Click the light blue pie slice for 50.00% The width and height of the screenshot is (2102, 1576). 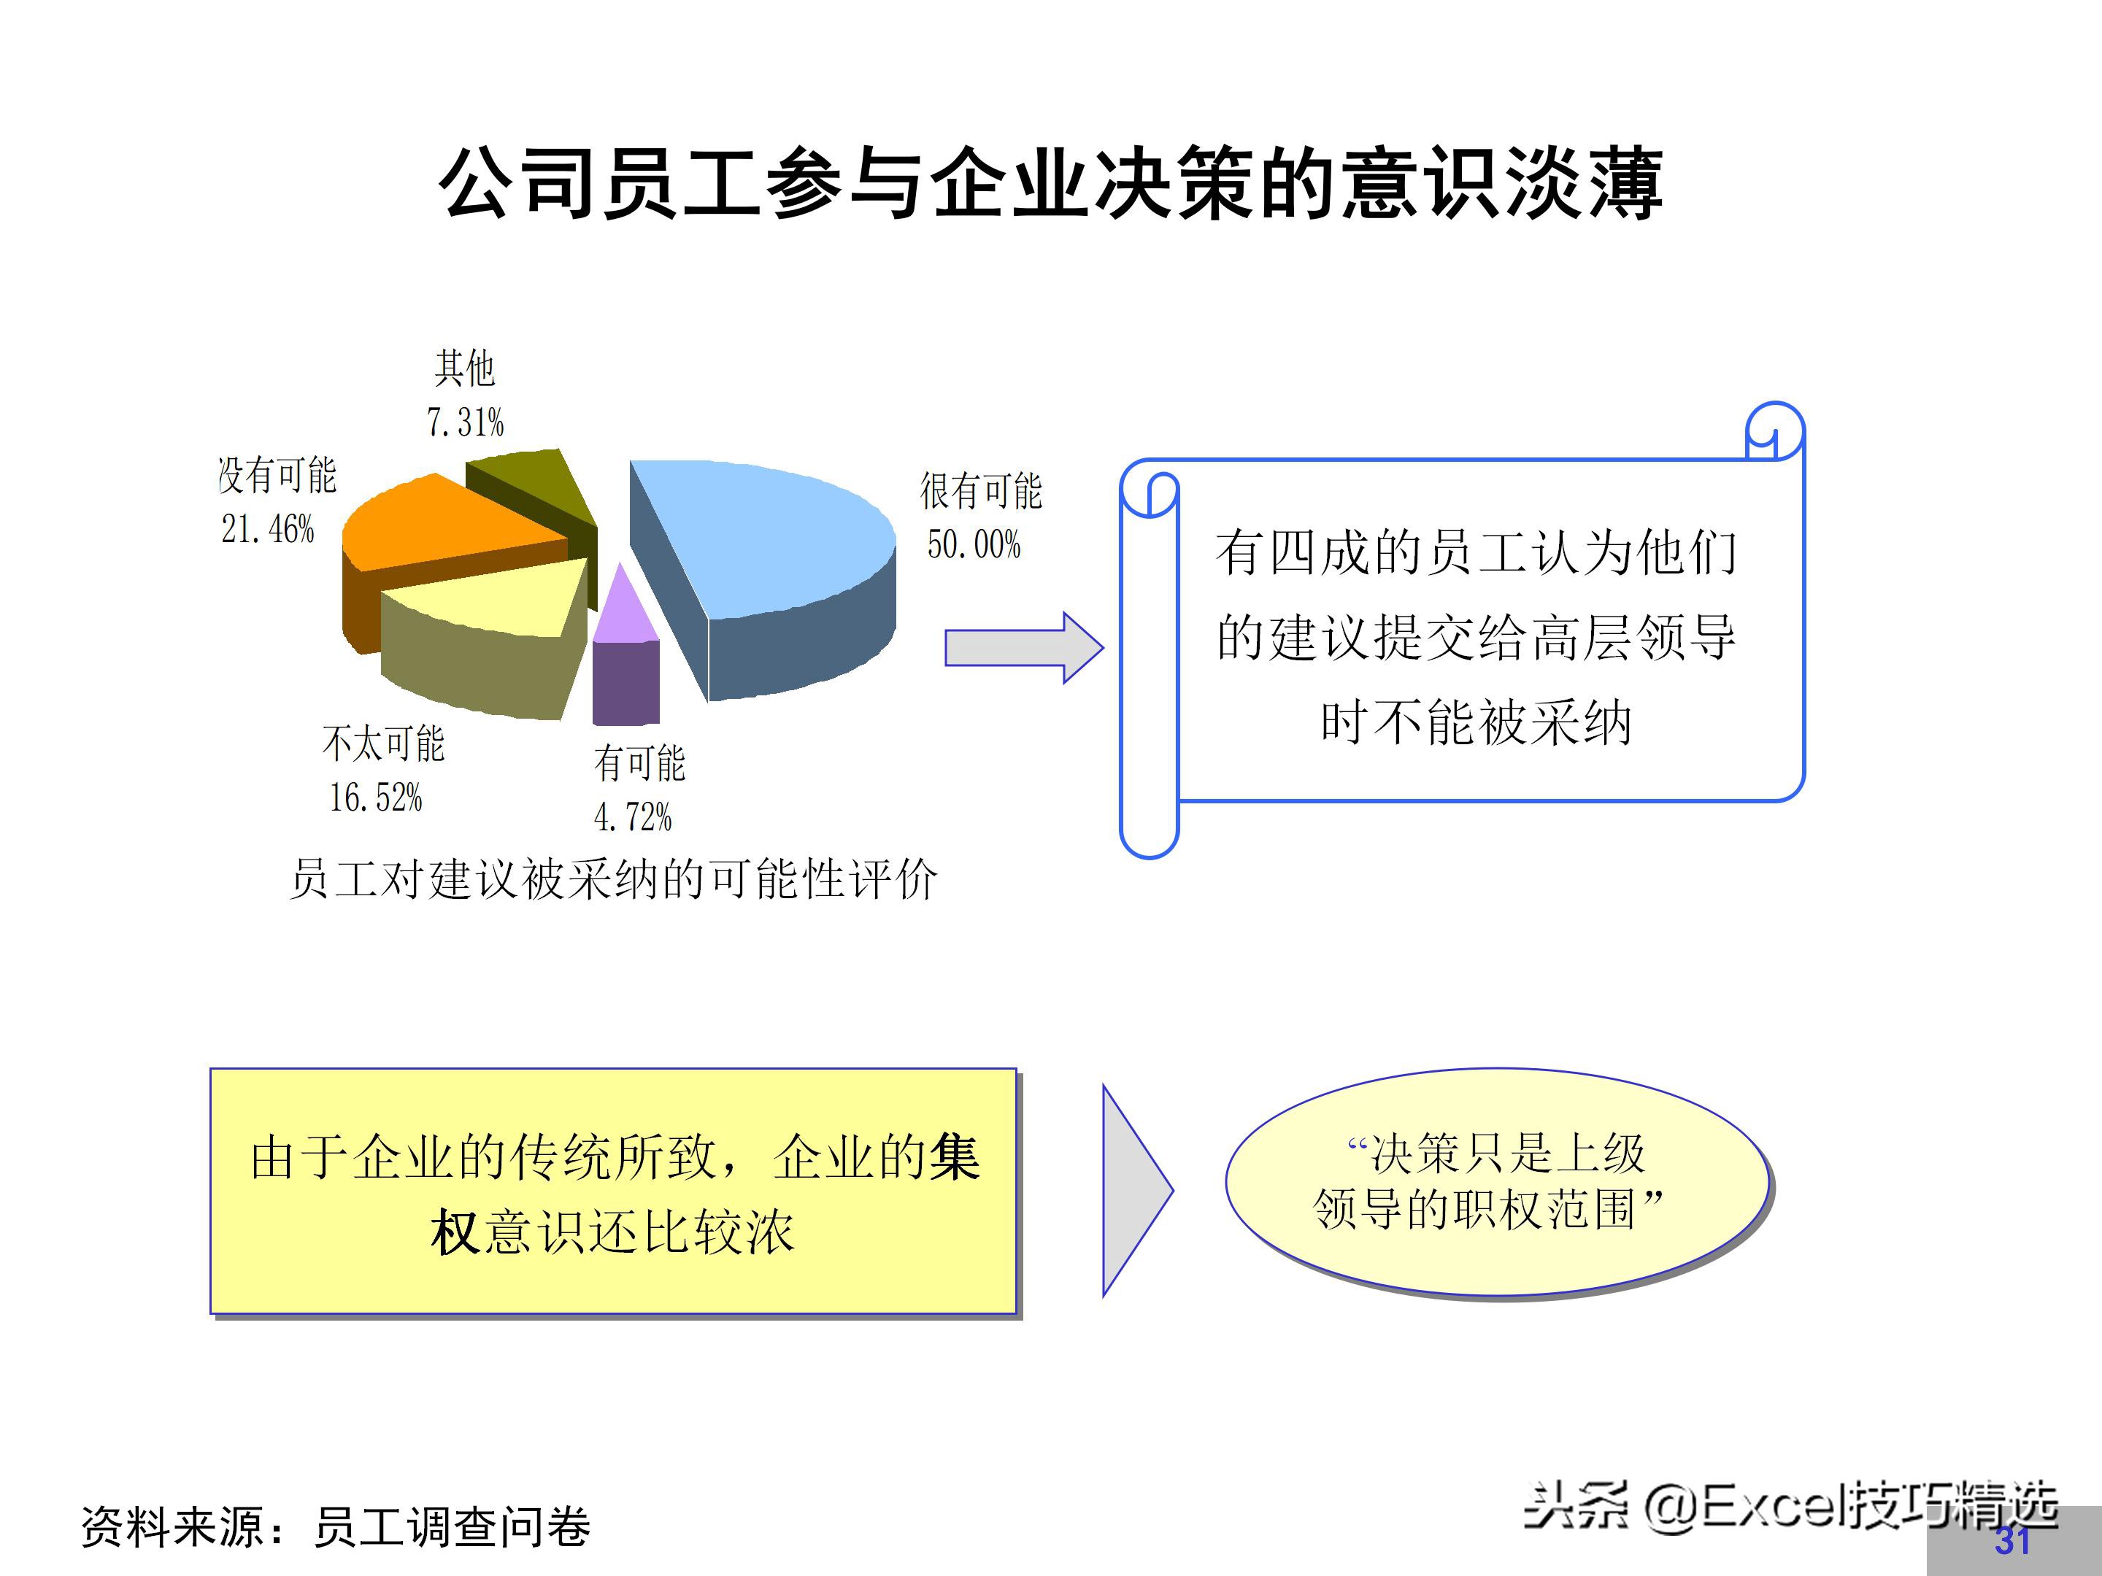pos(770,532)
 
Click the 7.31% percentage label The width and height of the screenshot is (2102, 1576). pos(465,422)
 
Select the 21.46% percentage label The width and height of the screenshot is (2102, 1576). pos(267,529)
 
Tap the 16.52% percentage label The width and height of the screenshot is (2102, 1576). pos(375,797)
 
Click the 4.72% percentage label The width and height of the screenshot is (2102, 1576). pos(632,817)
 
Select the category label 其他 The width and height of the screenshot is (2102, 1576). pos(465,368)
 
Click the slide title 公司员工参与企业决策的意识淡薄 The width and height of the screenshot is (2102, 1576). pos(1050,183)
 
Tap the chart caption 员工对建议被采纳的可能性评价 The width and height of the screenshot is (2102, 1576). pos(613,878)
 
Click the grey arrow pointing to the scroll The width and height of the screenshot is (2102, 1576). pos(1023,648)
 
